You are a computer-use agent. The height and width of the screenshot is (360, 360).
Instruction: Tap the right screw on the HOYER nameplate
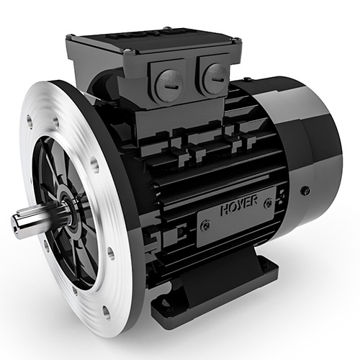[x=268, y=204]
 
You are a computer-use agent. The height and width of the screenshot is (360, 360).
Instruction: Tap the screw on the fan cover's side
[x=305, y=191]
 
